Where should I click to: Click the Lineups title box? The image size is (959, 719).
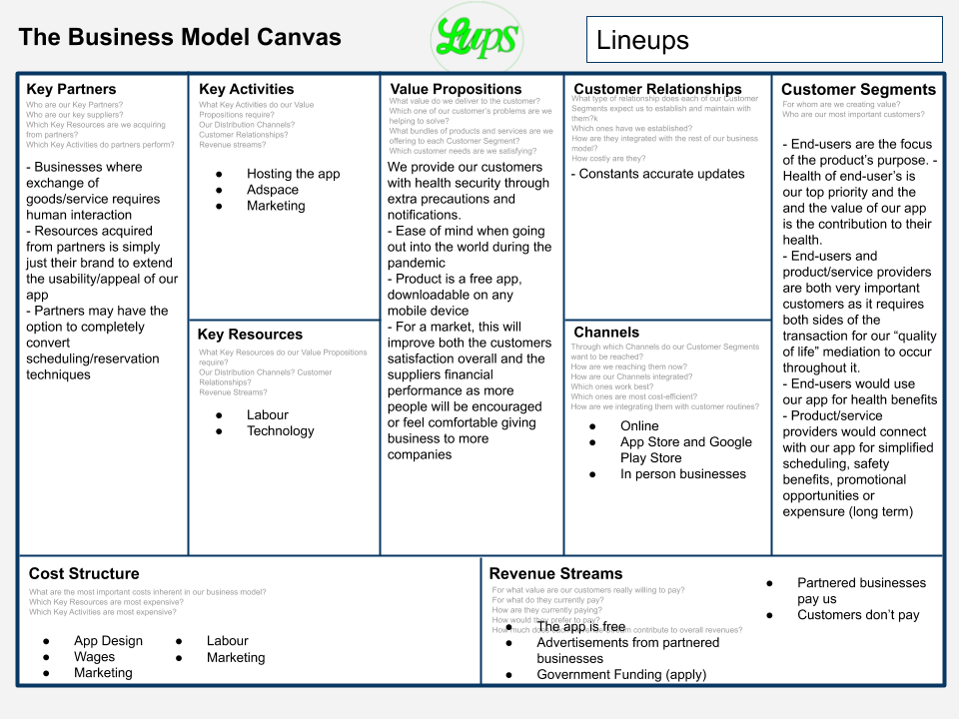pyautogui.click(x=764, y=40)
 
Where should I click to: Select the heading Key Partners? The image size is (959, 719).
pyautogui.click(x=71, y=89)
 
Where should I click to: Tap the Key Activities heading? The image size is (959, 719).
pyautogui.click(x=246, y=89)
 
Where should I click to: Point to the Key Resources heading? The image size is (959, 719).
pyautogui.click(x=250, y=335)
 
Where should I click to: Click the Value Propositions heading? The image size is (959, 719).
pyautogui.click(x=457, y=89)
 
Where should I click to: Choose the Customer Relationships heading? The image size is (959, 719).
pyautogui.click(x=657, y=89)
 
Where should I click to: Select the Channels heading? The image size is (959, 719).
pyautogui.click(x=606, y=332)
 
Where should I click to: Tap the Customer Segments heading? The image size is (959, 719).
pyautogui.click(x=858, y=89)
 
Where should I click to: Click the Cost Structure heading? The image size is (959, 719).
pyautogui.click(x=84, y=573)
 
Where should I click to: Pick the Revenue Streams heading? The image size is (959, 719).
pyautogui.click(x=555, y=573)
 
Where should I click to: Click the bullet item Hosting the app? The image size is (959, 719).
pyautogui.click(x=293, y=174)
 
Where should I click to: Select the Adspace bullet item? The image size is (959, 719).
pyautogui.click(x=273, y=190)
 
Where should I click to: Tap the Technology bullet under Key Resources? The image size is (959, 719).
pyautogui.click(x=280, y=430)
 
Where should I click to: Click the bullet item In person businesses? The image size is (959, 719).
pyautogui.click(x=683, y=473)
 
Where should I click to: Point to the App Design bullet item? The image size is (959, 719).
pyautogui.click(x=108, y=641)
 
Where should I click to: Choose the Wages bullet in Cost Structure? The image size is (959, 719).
pyautogui.click(x=94, y=657)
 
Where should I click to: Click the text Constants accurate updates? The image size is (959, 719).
pyautogui.click(x=658, y=174)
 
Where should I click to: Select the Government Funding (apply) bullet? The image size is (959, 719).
pyautogui.click(x=621, y=674)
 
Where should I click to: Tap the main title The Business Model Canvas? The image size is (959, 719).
pyautogui.click(x=180, y=38)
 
